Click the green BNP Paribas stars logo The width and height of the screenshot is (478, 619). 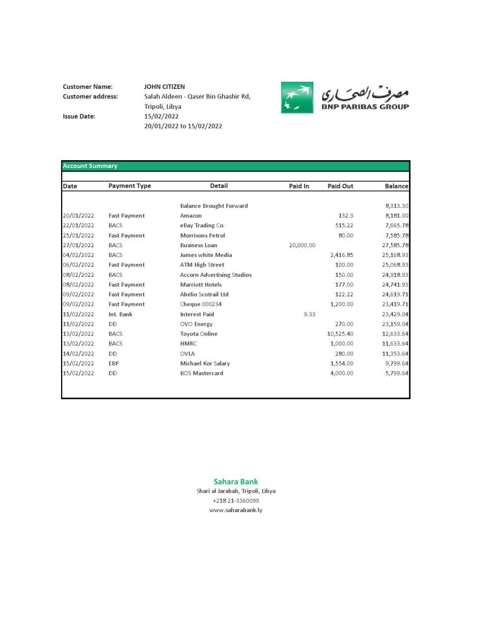tap(297, 97)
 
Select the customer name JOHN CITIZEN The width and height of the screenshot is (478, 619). tap(164, 87)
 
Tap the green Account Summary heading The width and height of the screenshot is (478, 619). tap(90, 166)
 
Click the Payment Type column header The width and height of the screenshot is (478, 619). tap(129, 186)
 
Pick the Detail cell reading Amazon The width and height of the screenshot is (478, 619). tap(190, 216)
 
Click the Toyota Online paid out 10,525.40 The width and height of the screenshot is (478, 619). tap(340, 334)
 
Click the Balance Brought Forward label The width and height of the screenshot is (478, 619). tap(214, 206)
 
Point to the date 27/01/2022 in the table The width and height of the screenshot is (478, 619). tap(79, 245)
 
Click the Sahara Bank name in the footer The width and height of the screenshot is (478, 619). tap(236, 482)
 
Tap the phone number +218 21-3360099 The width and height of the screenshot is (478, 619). tap(236, 501)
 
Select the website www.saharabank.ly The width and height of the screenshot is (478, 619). tap(236, 510)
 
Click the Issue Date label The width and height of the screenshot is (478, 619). tap(79, 116)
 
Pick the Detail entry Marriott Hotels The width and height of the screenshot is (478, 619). tap(201, 285)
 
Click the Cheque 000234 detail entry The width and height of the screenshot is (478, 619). tap(201, 305)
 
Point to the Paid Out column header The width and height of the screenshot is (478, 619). tap(340, 186)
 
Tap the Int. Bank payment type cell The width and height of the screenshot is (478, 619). tap(120, 314)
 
